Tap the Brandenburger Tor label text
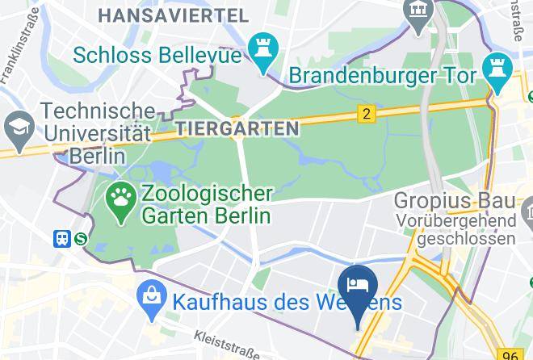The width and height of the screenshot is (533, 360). (384, 76)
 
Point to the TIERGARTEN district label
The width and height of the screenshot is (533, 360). (237, 128)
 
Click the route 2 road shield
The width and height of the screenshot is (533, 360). (367, 114)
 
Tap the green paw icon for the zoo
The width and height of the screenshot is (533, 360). (123, 204)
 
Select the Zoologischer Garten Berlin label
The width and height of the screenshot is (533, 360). (206, 205)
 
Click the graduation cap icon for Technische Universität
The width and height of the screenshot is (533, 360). (16, 126)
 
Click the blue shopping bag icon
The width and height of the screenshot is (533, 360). (151, 300)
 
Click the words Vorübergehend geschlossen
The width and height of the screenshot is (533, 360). (455, 229)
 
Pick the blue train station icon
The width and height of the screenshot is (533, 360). (62, 238)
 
